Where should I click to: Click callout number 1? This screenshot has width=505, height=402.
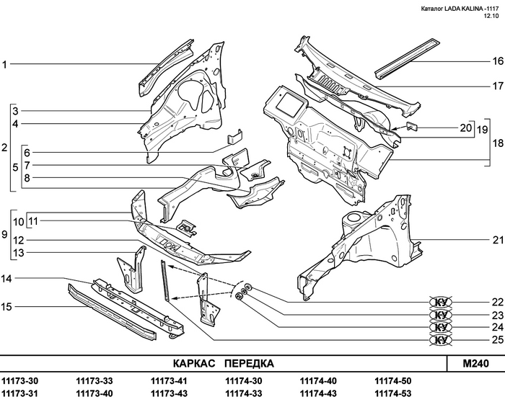[x=5, y=65]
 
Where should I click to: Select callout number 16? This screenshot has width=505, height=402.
[x=497, y=61]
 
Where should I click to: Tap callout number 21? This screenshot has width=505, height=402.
[x=497, y=240]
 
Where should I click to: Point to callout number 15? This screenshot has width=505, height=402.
[x=6, y=307]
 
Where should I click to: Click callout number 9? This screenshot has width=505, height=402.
[x=5, y=235]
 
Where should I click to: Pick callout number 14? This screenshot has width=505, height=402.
[x=6, y=279]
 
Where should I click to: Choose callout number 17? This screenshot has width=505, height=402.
[x=497, y=86]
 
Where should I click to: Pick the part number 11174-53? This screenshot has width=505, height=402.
[x=393, y=393]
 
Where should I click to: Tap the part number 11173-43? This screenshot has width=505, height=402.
[x=169, y=393]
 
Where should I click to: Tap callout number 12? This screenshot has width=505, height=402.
[x=19, y=240]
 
